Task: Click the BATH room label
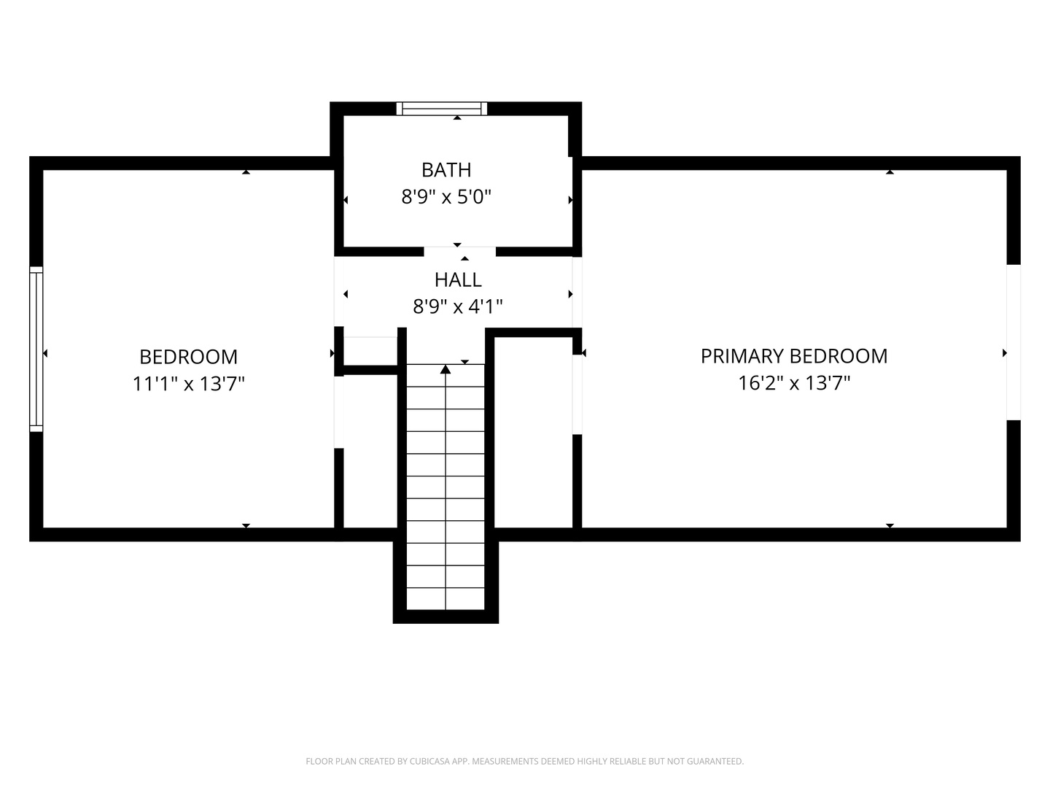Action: (446, 170)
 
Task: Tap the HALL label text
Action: (458, 280)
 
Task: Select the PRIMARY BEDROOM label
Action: (793, 356)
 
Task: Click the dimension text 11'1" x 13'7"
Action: (188, 384)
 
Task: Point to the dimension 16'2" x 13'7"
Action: (794, 383)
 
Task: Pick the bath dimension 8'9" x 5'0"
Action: (446, 197)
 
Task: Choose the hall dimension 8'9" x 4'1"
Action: (458, 306)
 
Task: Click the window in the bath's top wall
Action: (442, 109)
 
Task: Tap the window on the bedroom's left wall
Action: (36, 349)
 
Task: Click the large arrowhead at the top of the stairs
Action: (446, 369)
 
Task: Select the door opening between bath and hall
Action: (459, 252)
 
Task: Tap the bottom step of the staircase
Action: (446, 599)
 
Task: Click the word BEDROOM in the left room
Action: (188, 357)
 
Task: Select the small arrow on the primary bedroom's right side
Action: (1005, 353)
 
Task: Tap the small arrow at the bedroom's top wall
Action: (246, 171)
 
